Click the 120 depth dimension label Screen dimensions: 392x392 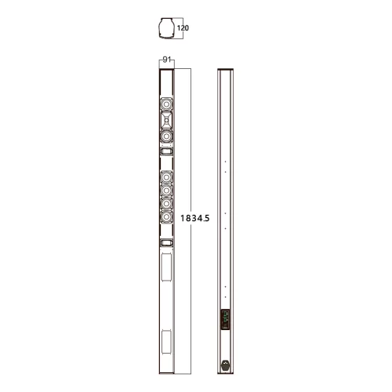pyautogui.click(x=183, y=27)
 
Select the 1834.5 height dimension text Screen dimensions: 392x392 pyautogui.click(x=195, y=219)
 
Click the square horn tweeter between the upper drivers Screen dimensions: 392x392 pyautogui.click(x=165, y=120)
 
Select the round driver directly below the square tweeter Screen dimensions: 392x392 pyautogui.click(x=165, y=136)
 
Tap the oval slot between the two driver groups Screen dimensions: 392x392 pyautogui.click(x=165, y=151)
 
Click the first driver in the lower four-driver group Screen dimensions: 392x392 pyautogui.click(x=165, y=176)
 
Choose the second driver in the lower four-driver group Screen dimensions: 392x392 pyautogui.click(x=165, y=190)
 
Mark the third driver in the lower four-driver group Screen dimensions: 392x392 pyautogui.click(x=165, y=205)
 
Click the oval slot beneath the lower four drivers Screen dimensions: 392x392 pyautogui.click(x=165, y=244)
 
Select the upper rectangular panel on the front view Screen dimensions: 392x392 pyautogui.click(x=165, y=267)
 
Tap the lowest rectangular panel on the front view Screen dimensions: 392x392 pyautogui.click(x=165, y=343)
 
